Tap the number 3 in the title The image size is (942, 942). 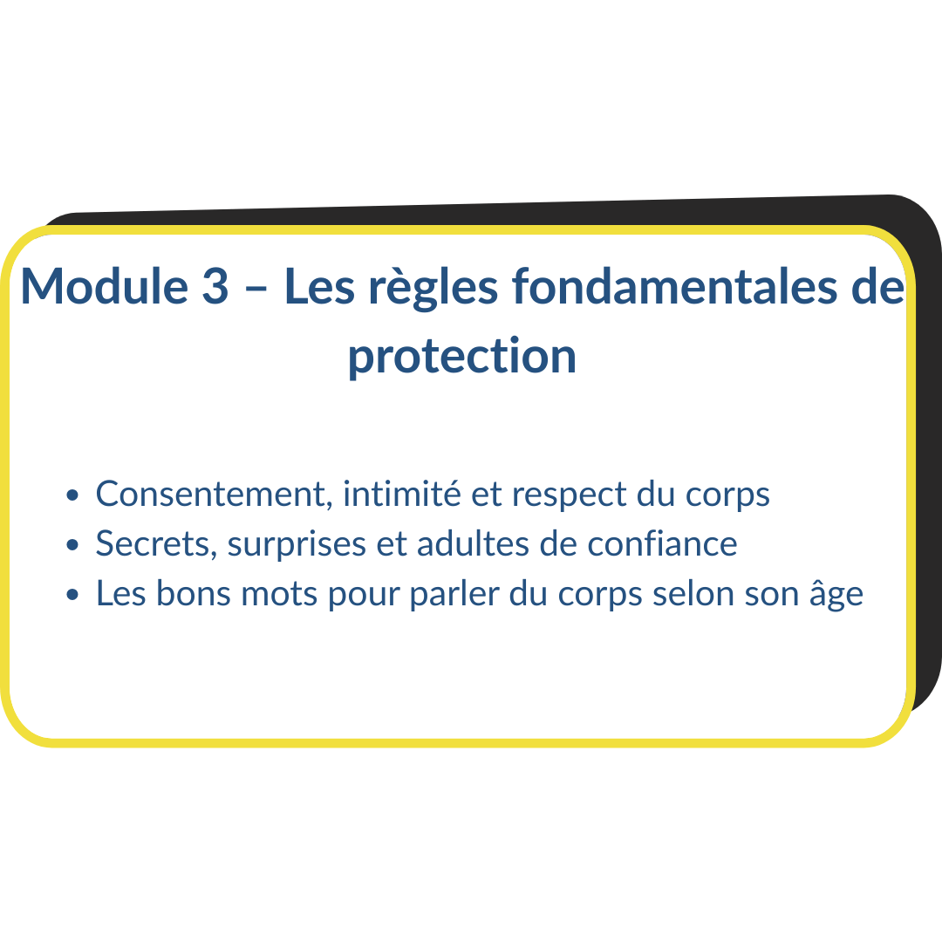point(215,286)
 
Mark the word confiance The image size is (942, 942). point(662,543)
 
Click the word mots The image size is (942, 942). point(279,594)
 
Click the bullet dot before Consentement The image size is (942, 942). point(72,495)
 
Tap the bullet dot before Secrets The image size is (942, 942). point(72,545)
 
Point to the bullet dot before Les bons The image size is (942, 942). point(72,596)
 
